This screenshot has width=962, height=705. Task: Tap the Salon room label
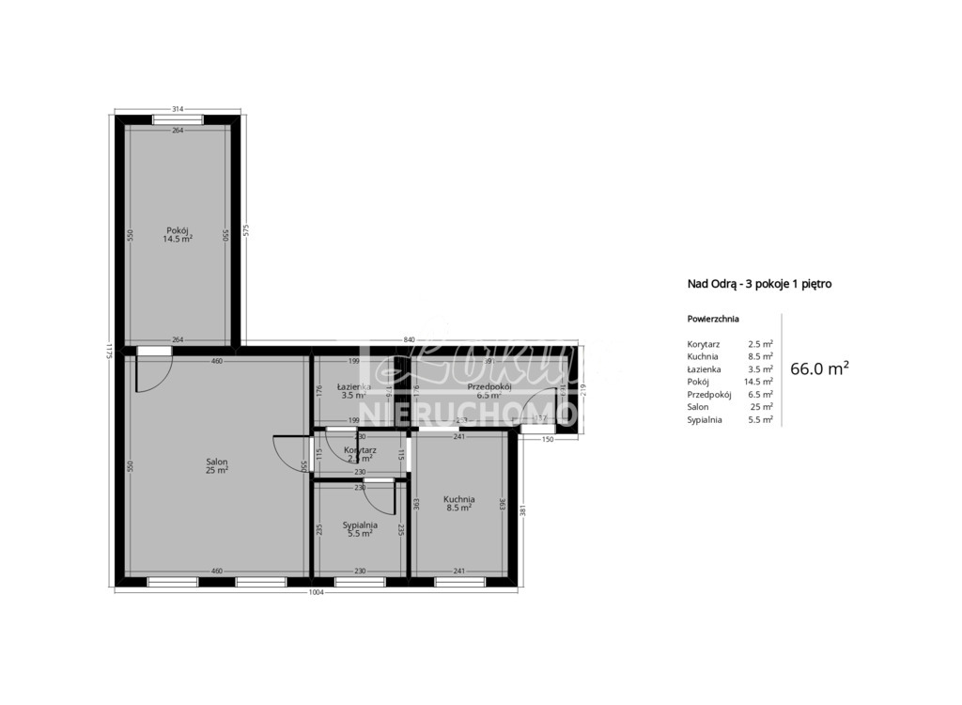click(x=217, y=462)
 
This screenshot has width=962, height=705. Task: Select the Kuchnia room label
click(x=458, y=499)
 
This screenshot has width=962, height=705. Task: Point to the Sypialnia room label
click(x=360, y=525)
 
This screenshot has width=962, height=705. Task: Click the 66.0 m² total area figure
click(x=819, y=368)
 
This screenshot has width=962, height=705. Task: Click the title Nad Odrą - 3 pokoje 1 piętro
click(x=759, y=283)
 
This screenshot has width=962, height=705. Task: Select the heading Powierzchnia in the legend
click(x=713, y=319)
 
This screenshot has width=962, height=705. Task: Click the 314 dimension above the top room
click(x=178, y=110)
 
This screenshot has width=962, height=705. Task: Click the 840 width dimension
click(x=409, y=339)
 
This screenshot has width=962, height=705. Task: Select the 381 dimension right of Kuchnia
click(x=522, y=510)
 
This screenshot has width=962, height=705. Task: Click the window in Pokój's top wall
click(x=178, y=119)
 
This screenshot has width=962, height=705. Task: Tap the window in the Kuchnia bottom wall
click(x=459, y=582)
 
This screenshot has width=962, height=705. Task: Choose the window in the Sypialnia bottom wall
click(x=360, y=582)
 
